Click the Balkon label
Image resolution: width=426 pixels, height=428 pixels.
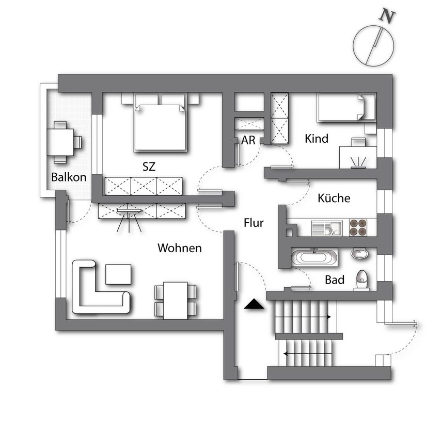[69, 177]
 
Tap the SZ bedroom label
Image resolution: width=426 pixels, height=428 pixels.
[149, 167]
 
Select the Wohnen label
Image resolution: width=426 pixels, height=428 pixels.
[180, 248]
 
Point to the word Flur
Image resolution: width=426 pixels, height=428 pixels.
[254, 223]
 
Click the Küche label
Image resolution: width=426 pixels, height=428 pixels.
[334, 198]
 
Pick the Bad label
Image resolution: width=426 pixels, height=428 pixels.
[335, 280]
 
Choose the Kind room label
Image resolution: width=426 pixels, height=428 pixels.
[317, 139]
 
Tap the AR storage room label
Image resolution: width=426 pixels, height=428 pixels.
[248, 140]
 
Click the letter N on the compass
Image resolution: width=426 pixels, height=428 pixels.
[387, 16]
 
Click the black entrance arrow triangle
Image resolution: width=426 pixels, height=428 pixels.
[254, 304]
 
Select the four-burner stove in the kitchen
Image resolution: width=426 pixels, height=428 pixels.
[358, 227]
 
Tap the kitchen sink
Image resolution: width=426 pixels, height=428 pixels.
[326, 228]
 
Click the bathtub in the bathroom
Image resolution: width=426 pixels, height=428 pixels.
[314, 257]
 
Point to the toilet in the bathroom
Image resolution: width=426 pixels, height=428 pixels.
[362, 280]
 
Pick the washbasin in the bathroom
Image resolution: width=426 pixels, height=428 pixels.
[359, 253]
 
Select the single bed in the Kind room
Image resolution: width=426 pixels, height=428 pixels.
[346, 107]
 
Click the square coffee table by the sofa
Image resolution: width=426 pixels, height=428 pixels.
[118, 274]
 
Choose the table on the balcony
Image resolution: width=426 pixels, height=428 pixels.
[60, 142]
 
